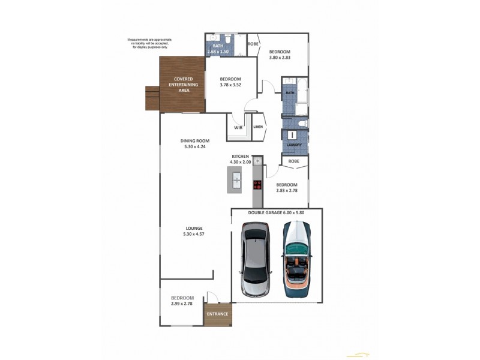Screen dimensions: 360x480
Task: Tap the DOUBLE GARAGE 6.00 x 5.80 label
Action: click(x=277, y=212)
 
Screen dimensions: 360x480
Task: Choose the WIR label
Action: click(x=237, y=127)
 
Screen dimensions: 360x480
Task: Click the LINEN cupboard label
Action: click(x=258, y=127)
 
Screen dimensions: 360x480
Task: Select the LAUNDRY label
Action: click(x=293, y=145)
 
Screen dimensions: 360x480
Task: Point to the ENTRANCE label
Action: click(x=217, y=314)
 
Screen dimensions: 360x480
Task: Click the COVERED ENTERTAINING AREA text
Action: click(x=183, y=84)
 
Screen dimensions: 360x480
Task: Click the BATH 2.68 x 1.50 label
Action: click(x=219, y=49)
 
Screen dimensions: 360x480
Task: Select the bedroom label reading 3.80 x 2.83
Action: click(x=280, y=55)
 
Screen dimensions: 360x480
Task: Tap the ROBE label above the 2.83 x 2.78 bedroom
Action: click(x=294, y=161)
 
